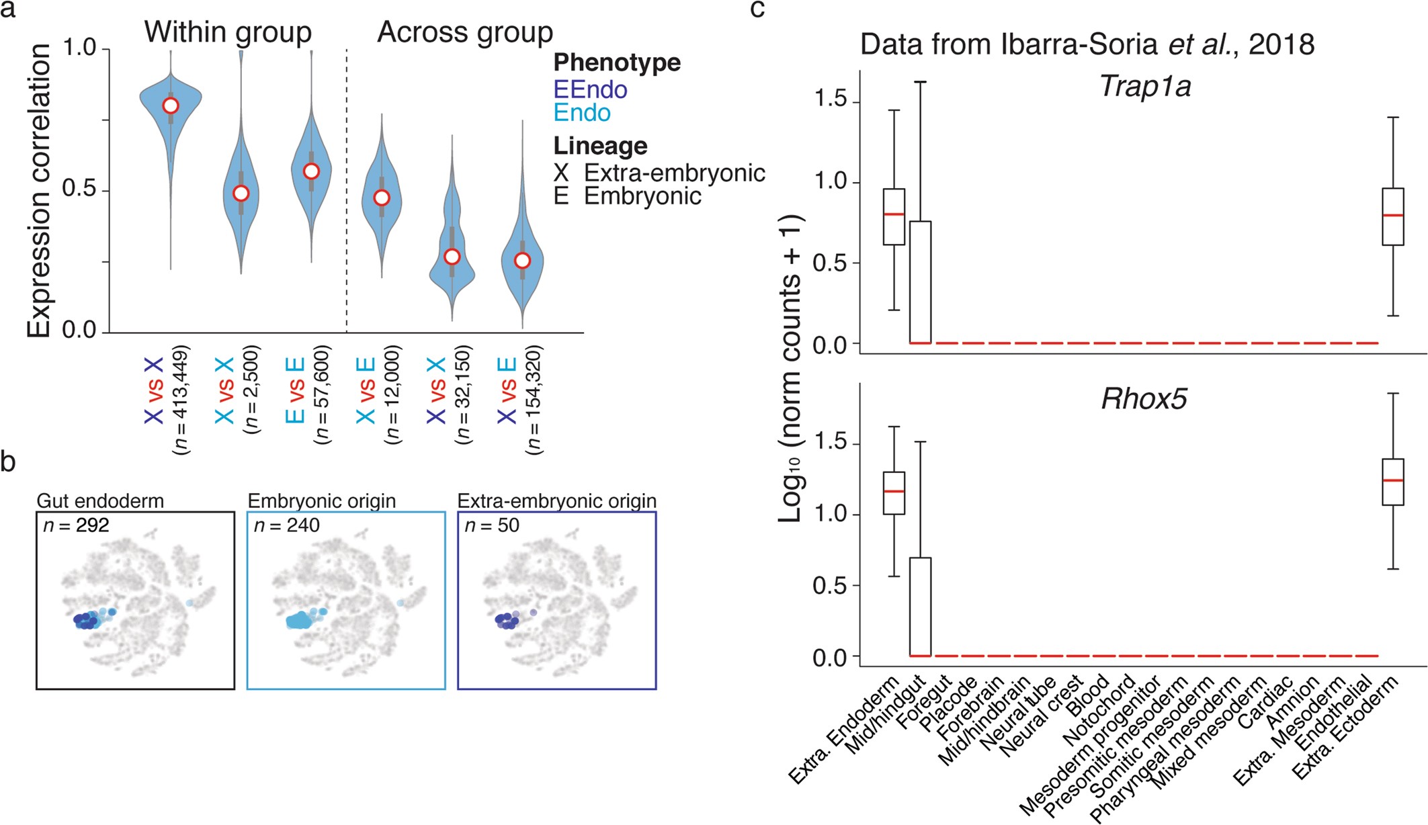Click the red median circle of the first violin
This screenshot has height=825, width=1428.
pyautogui.click(x=171, y=105)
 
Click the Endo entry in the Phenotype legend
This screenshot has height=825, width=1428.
pyautogui.click(x=582, y=113)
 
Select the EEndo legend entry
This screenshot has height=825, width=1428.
pyautogui.click(x=590, y=89)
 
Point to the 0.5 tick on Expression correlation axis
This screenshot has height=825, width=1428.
pyautogui.click(x=79, y=189)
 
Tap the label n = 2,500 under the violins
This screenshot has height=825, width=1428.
pyautogui.click(x=251, y=390)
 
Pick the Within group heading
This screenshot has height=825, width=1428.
pyautogui.click(x=228, y=32)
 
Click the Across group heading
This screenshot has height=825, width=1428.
pyautogui.click(x=465, y=32)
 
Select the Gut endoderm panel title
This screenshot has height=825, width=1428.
pyautogui.click(x=100, y=501)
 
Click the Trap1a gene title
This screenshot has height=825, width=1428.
pyautogui.click(x=1144, y=87)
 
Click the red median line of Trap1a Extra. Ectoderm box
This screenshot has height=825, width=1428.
pyautogui.click(x=1393, y=215)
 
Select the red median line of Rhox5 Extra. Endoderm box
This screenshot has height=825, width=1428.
pyautogui.click(x=894, y=491)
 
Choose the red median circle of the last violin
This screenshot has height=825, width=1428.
pyautogui.click(x=522, y=261)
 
